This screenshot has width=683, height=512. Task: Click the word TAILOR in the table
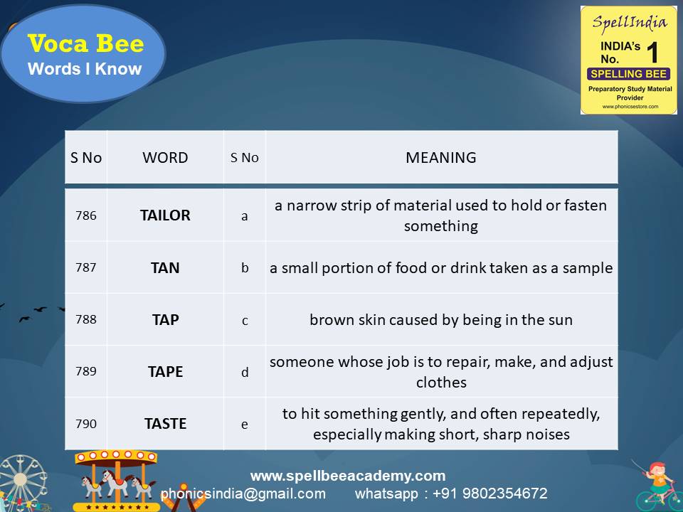(x=165, y=215)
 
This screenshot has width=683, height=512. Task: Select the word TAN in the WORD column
(x=165, y=268)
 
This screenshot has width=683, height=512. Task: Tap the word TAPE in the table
(x=165, y=372)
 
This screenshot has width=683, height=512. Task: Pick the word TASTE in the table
(x=165, y=424)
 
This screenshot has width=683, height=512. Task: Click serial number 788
(x=85, y=320)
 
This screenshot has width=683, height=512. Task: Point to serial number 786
(x=85, y=215)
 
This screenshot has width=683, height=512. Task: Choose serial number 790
(x=85, y=424)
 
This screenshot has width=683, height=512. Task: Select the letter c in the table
(x=245, y=321)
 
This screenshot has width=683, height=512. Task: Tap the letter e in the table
(x=245, y=425)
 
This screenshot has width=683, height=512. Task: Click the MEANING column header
(x=441, y=158)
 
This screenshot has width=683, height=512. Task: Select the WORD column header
(x=165, y=158)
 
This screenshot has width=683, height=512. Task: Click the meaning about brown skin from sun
(x=441, y=320)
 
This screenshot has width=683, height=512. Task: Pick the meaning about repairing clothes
(x=441, y=372)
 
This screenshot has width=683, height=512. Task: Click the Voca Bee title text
(x=85, y=44)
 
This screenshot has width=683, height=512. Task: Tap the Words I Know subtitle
(x=85, y=70)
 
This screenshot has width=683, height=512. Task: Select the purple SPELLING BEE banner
(x=628, y=74)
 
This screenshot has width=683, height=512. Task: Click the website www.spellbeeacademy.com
(x=348, y=476)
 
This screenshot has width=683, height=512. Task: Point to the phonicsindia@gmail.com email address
(x=243, y=494)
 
